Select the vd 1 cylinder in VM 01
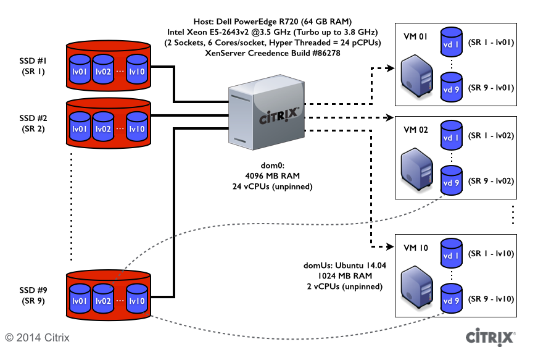point(452,44)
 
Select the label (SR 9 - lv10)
point(491,298)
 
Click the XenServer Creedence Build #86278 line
point(273,53)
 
